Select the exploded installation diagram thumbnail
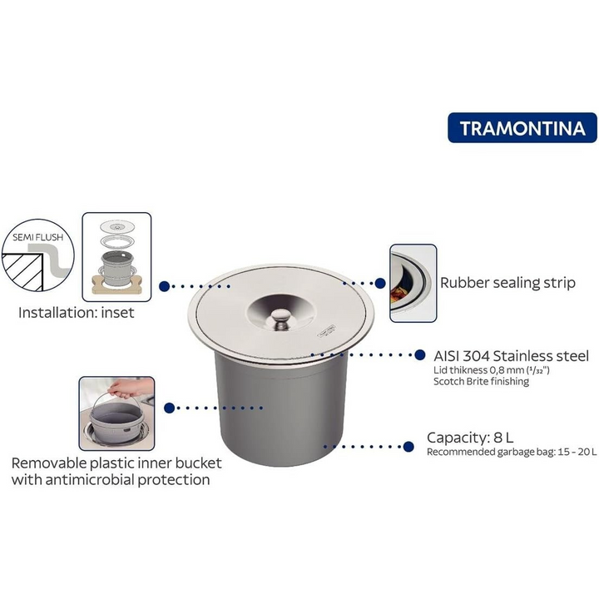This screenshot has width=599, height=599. [x=117, y=256]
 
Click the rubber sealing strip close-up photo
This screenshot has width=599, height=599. [x=413, y=283]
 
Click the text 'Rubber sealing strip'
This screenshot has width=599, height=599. [x=507, y=283]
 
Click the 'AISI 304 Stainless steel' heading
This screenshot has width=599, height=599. [x=511, y=355]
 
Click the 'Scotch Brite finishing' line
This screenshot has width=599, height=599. [x=481, y=383]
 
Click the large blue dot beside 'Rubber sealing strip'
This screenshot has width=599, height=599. [x=381, y=284]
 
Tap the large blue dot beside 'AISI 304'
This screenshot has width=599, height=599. [x=417, y=355]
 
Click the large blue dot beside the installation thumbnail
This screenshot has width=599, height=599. [x=165, y=285]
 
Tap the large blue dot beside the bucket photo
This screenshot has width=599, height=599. [x=170, y=408]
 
